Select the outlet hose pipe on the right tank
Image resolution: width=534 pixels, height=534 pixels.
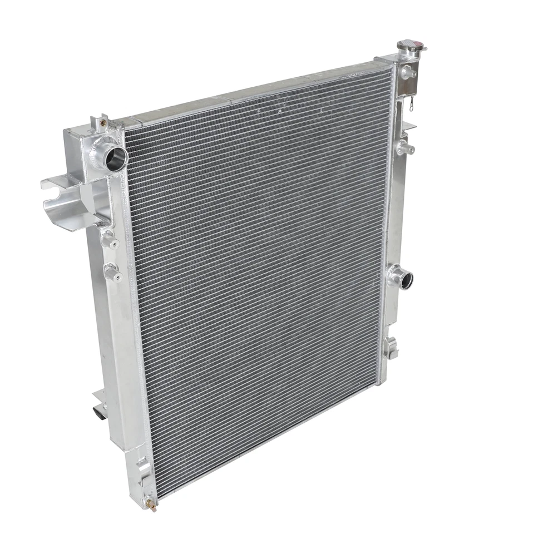coord(402,276)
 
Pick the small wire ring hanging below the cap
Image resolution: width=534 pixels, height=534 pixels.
coord(412,102)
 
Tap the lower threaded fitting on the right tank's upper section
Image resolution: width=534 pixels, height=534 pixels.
coord(403,147)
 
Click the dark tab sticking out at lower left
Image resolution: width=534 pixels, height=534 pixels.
coord(98,414)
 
